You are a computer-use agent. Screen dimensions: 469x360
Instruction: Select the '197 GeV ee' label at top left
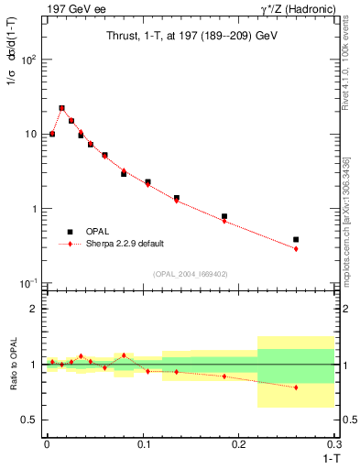tap(72, 8)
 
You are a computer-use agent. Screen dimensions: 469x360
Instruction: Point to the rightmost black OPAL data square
tap(296, 240)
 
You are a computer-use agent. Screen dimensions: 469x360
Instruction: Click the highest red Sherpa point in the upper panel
tap(61, 108)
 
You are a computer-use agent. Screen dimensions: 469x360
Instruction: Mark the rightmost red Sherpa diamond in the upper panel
tap(296, 248)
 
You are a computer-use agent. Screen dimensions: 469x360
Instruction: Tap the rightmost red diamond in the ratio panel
tap(296, 387)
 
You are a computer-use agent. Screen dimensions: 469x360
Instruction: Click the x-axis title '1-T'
tap(326, 458)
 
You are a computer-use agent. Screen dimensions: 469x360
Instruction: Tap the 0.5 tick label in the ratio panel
tap(29, 420)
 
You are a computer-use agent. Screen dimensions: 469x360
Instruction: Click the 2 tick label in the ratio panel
tap(34, 309)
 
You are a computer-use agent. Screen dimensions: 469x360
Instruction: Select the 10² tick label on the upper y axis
tap(28, 60)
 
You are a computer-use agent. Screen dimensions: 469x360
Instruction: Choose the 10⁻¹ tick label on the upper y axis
tap(27, 283)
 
